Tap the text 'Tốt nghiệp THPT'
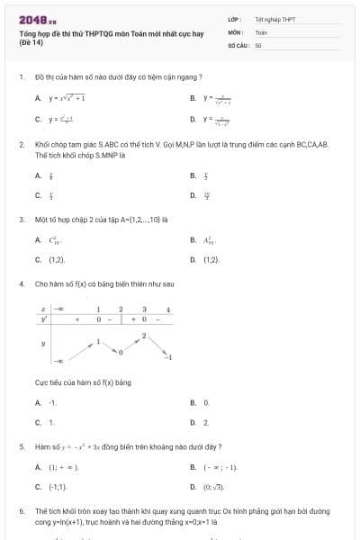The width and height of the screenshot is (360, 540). [274, 19]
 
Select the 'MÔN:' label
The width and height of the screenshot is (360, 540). [236, 31]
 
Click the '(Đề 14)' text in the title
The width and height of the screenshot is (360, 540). [31, 42]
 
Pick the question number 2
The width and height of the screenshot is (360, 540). [21, 144]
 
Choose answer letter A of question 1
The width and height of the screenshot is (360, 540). [38, 98]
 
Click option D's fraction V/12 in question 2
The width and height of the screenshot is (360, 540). [207, 193]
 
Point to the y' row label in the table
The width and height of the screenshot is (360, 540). [43, 319]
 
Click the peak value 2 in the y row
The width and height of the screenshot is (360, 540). [143, 336]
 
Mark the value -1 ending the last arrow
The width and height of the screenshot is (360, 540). [168, 357]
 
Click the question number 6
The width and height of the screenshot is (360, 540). [21, 510]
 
